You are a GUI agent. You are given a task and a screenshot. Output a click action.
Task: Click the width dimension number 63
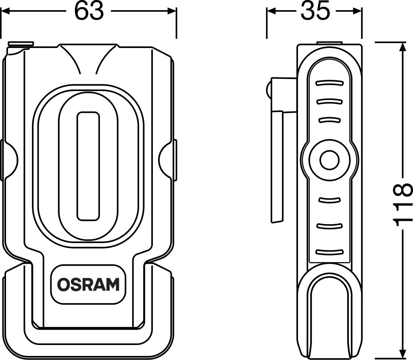point(89,12)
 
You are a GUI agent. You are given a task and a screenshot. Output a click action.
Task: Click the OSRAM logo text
point(88,284)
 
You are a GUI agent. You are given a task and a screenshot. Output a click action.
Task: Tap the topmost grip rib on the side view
point(329,83)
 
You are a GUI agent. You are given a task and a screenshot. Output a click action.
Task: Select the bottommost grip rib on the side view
point(329,252)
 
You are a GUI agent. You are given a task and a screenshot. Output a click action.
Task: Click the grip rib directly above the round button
point(329,120)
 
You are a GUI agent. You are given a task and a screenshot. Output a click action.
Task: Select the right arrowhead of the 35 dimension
point(360,12)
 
